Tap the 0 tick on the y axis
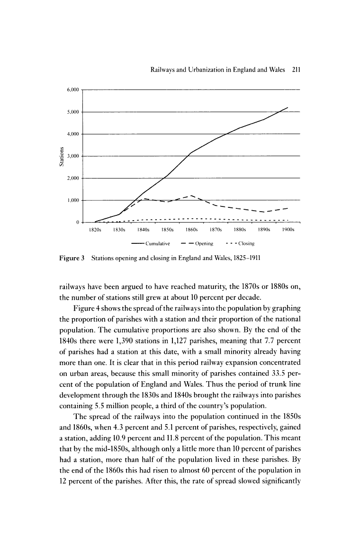click(77, 222)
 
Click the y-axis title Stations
click(61, 156)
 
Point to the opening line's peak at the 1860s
click(191, 196)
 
